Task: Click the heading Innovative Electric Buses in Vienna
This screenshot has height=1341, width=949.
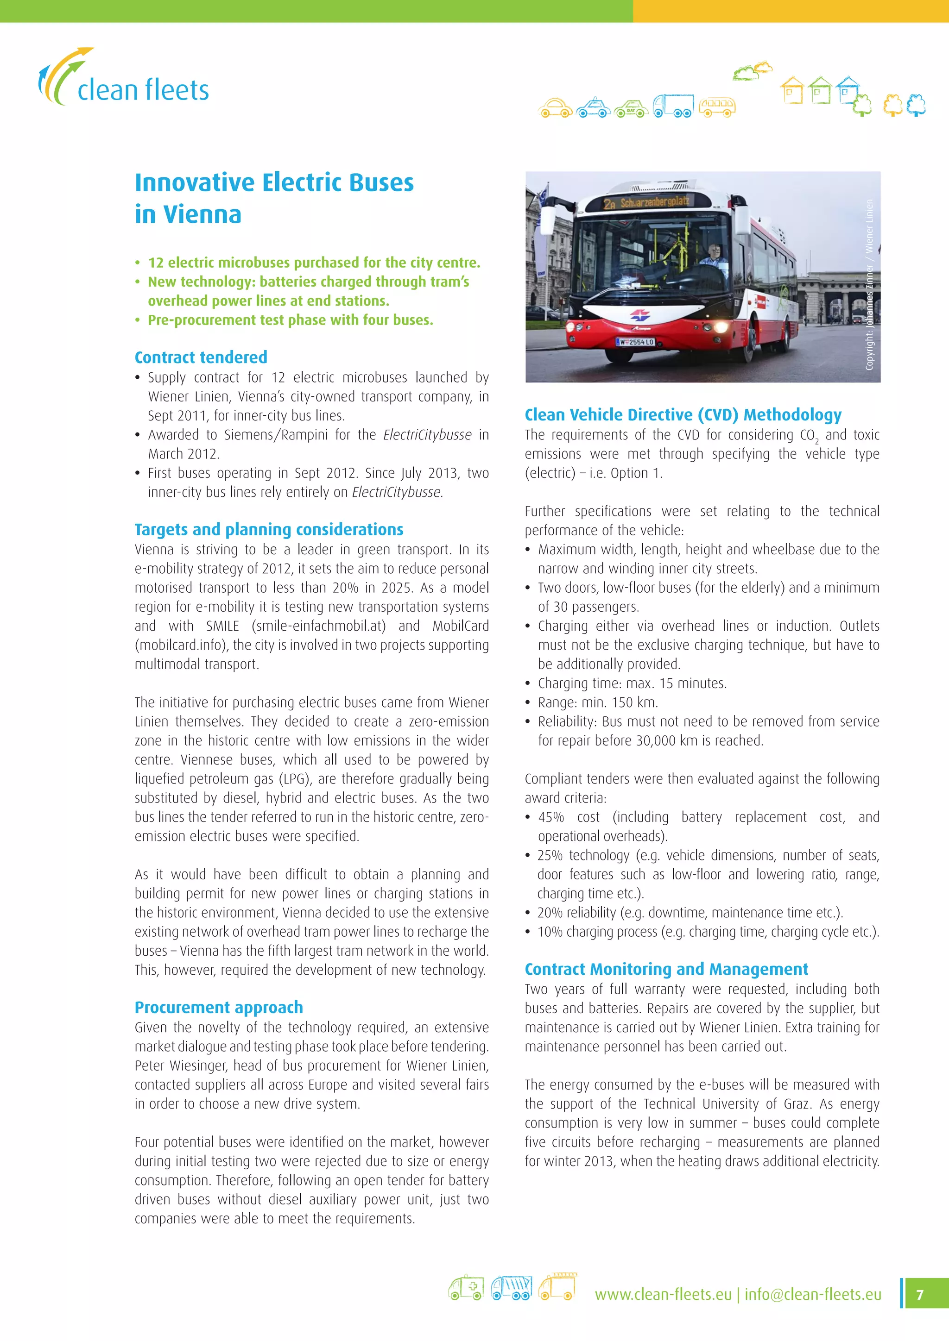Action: tap(273, 198)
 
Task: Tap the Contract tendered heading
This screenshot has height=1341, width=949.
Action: tap(201, 357)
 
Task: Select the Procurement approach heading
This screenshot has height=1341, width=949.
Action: tap(219, 1007)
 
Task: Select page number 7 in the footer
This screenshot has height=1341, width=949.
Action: tap(920, 1294)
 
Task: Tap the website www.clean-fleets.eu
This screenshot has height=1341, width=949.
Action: tap(663, 1294)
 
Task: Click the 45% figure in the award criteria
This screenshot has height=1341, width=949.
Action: tap(550, 817)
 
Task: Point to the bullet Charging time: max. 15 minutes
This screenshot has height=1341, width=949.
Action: tap(632, 683)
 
